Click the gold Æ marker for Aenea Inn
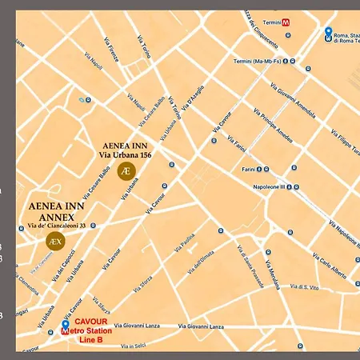[126, 171]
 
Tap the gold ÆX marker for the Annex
[54, 240]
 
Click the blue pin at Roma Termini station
[328, 33]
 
